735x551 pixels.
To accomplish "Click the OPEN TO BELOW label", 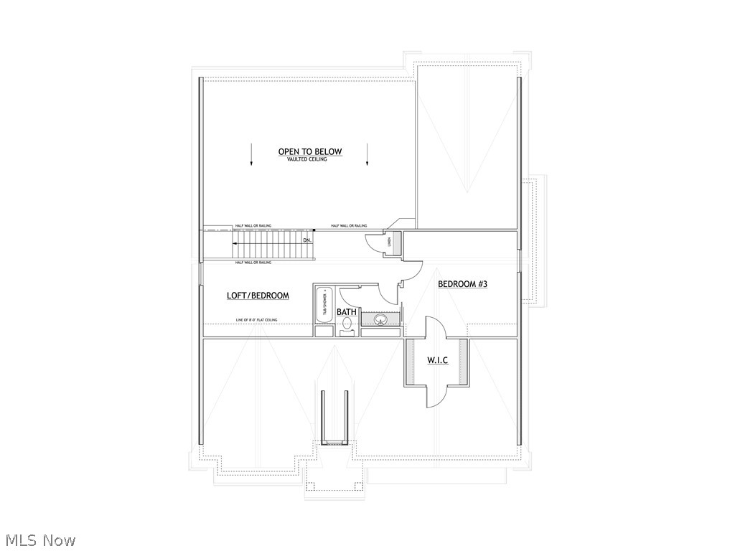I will [x=310, y=151].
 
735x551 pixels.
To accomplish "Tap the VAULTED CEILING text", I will [x=306, y=159].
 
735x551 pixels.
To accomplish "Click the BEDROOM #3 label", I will [x=462, y=284].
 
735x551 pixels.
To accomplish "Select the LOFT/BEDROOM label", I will [x=258, y=296].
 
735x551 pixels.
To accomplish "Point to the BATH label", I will [x=347, y=312].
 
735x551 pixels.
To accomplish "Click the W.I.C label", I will [x=438, y=359].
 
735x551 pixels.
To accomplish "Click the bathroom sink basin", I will [x=380, y=319].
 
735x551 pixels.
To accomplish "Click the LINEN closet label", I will [x=394, y=243].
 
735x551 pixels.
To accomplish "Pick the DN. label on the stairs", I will [x=307, y=240].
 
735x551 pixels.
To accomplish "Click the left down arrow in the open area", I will [x=251, y=154].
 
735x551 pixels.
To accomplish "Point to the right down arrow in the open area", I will [x=367, y=154].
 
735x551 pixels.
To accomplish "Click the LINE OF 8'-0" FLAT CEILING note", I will [x=256, y=320].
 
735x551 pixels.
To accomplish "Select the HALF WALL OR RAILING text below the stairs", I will [x=253, y=263].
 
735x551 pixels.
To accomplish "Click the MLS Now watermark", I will [x=40, y=540].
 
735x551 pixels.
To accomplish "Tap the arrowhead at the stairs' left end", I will [x=233, y=244].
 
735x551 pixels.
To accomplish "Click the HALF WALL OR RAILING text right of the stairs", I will [x=349, y=226].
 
